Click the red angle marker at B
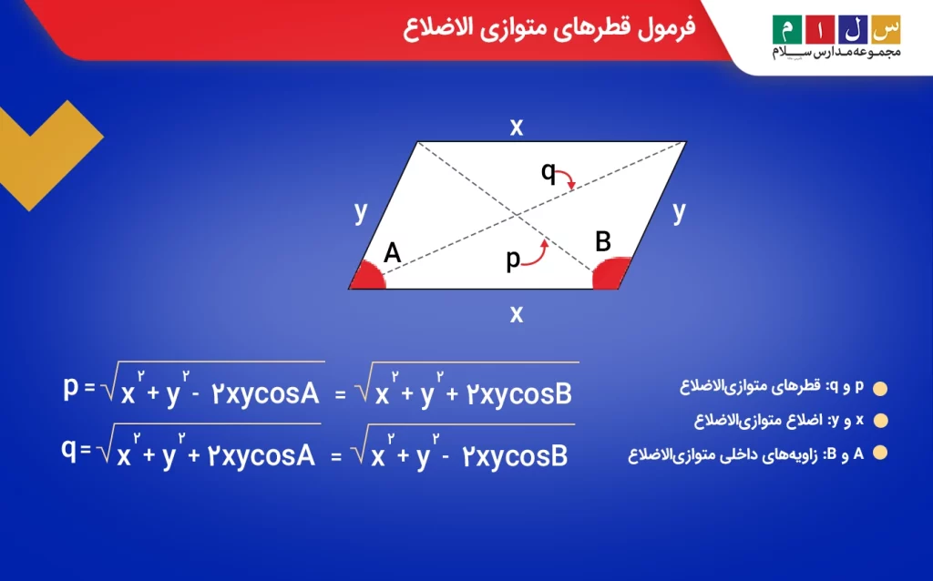pyautogui.click(x=610, y=273)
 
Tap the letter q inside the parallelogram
pyautogui.click(x=548, y=172)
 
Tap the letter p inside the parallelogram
pyautogui.click(x=513, y=260)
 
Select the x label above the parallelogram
pyautogui.click(x=517, y=127)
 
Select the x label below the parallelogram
pyautogui.click(x=517, y=314)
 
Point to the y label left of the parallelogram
pyautogui.click(x=361, y=211)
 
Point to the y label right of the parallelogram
pyautogui.click(x=679, y=211)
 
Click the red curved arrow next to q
pyautogui.click(x=569, y=177)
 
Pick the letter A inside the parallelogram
pyautogui.click(x=392, y=253)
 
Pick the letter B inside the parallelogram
pyautogui.click(x=603, y=241)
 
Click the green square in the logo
pyautogui.click(x=787, y=30)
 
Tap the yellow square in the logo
pyautogui.click(x=886, y=30)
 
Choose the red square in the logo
pyautogui.click(x=820, y=30)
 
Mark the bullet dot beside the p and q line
pyautogui.click(x=880, y=389)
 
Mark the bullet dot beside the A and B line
pyautogui.click(x=880, y=454)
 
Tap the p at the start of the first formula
pyautogui.click(x=71, y=388)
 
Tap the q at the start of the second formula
pyautogui.click(x=69, y=450)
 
